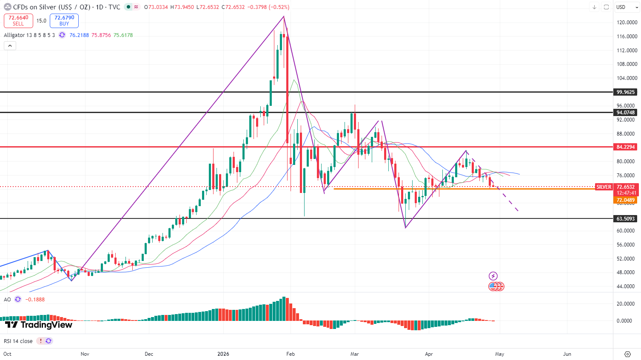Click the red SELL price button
point(18,20)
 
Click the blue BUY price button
point(64,20)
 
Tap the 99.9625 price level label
point(626,92)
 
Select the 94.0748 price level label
point(626,113)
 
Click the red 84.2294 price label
point(626,147)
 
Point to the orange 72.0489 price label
point(626,200)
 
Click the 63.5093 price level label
point(626,219)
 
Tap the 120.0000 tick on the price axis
point(627,23)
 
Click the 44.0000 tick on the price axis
point(627,286)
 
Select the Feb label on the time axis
point(291,354)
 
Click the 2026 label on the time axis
point(223,354)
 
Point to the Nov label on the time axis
point(85,354)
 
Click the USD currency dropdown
point(624,7)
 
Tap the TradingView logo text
point(39,325)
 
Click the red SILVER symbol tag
point(604,187)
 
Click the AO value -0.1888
point(35,300)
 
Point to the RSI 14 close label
point(18,341)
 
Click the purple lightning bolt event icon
point(493,276)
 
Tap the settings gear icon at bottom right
point(627,354)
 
